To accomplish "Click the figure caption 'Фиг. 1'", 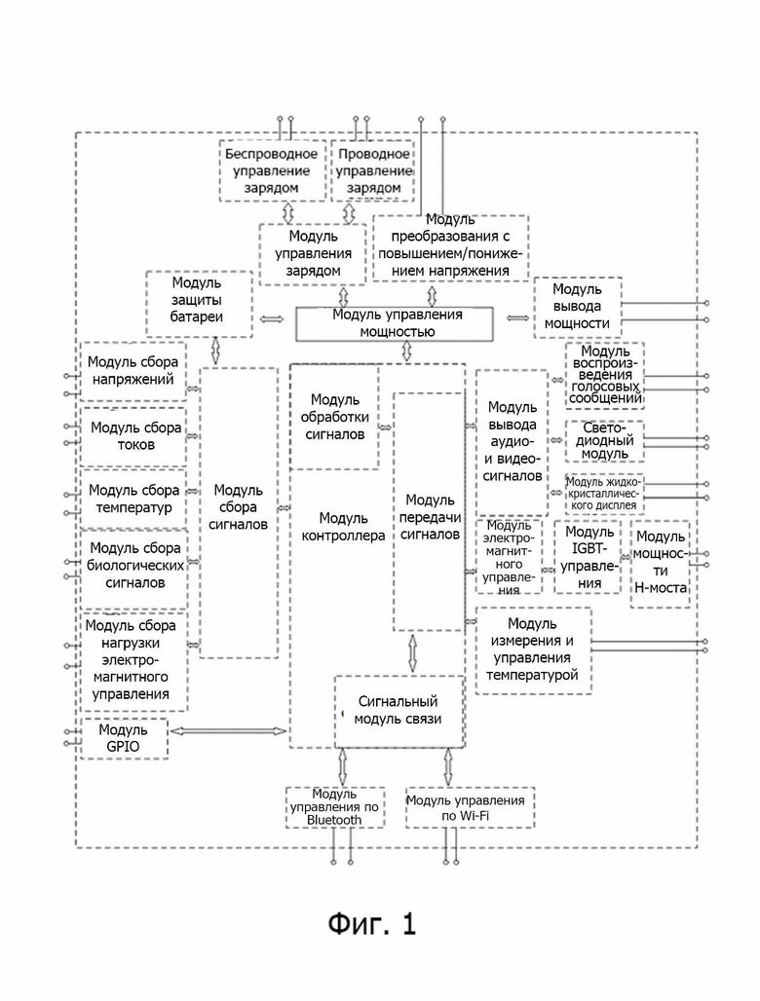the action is (x=372, y=923).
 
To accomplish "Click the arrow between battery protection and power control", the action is (x=272, y=319).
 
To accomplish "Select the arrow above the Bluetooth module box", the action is (x=342, y=766).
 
